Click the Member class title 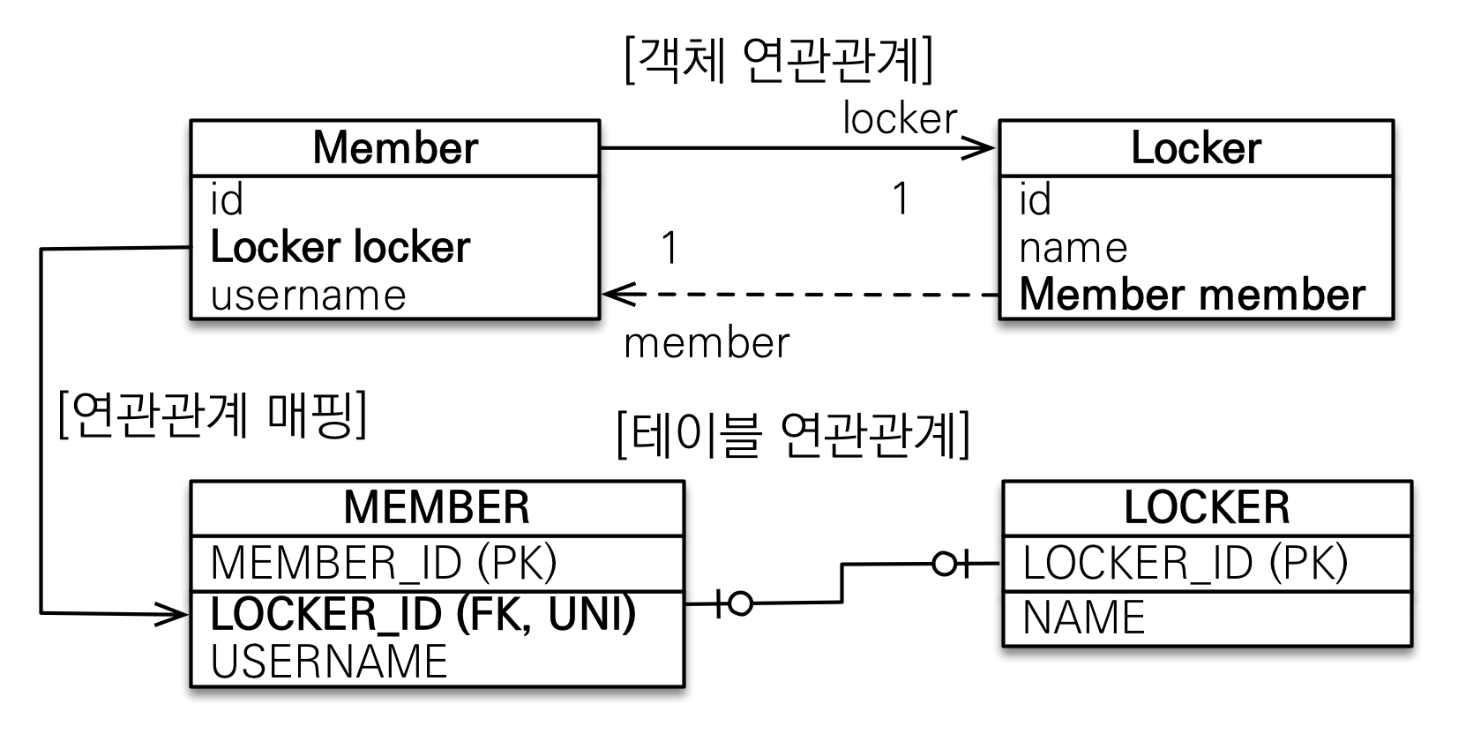[x=394, y=147]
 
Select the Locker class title [x=1195, y=147]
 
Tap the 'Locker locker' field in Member [x=340, y=247]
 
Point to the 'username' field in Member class [x=308, y=295]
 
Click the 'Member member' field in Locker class [x=1192, y=295]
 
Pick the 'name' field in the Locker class [x=1073, y=248]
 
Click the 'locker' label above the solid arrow [x=899, y=118]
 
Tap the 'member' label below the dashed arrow [x=707, y=343]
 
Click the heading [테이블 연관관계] [x=793, y=434]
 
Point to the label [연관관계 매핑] [x=213, y=414]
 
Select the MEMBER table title [x=437, y=507]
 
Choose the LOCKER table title [x=1206, y=507]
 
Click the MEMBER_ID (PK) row [x=384, y=563]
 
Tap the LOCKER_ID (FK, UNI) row [x=423, y=614]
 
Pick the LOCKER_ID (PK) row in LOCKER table [x=1185, y=563]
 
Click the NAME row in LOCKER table [x=1083, y=618]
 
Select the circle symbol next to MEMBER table [x=741, y=604]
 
